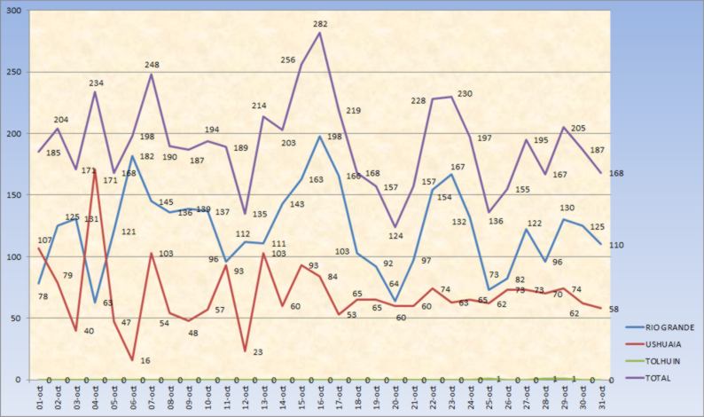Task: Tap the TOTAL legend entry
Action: click(x=658, y=378)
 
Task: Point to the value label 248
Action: click(x=153, y=65)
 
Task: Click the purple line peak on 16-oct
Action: click(x=319, y=33)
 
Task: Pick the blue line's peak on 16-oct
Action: click(x=319, y=136)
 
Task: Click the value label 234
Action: click(x=97, y=83)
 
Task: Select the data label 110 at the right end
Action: click(x=614, y=244)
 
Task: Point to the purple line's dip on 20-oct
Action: click(x=393, y=227)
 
